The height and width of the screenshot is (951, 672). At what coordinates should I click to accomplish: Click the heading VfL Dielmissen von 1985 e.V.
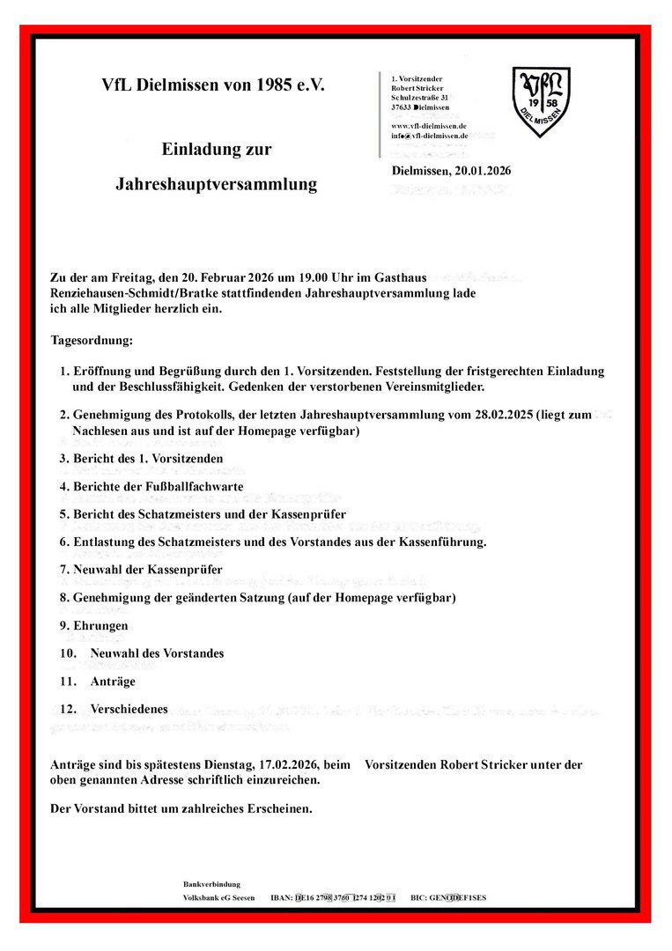(212, 86)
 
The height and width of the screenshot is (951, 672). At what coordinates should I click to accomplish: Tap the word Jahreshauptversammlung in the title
(216, 184)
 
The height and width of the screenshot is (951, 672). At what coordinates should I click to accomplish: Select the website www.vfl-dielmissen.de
(429, 126)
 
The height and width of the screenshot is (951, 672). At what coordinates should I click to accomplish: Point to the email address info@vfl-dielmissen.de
(429, 136)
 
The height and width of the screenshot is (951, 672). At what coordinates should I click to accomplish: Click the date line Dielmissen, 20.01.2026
(451, 170)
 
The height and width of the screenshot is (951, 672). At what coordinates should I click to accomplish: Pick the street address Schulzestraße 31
(422, 97)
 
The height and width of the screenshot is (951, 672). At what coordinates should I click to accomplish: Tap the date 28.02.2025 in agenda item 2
(496, 416)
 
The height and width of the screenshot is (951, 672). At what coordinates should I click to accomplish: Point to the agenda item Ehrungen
(100, 625)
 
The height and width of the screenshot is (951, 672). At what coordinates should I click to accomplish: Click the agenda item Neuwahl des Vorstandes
(157, 653)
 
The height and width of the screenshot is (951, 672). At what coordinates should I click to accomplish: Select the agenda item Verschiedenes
(129, 709)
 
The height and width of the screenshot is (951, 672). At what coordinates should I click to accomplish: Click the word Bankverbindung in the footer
(211, 883)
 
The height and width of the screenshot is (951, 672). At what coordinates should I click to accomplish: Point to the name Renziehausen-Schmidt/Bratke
(148, 294)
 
